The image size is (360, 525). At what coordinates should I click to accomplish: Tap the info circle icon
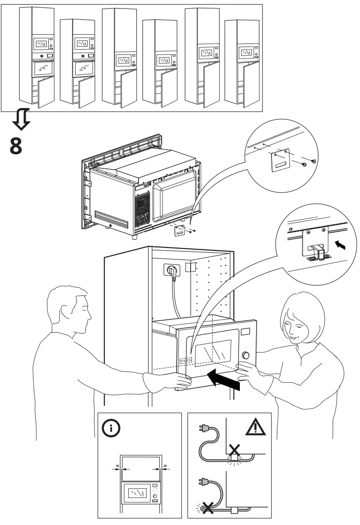click(x=111, y=428)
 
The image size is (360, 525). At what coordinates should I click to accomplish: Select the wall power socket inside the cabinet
click(x=171, y=270)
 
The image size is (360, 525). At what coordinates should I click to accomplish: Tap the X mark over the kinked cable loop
click(x=207, y=508)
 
